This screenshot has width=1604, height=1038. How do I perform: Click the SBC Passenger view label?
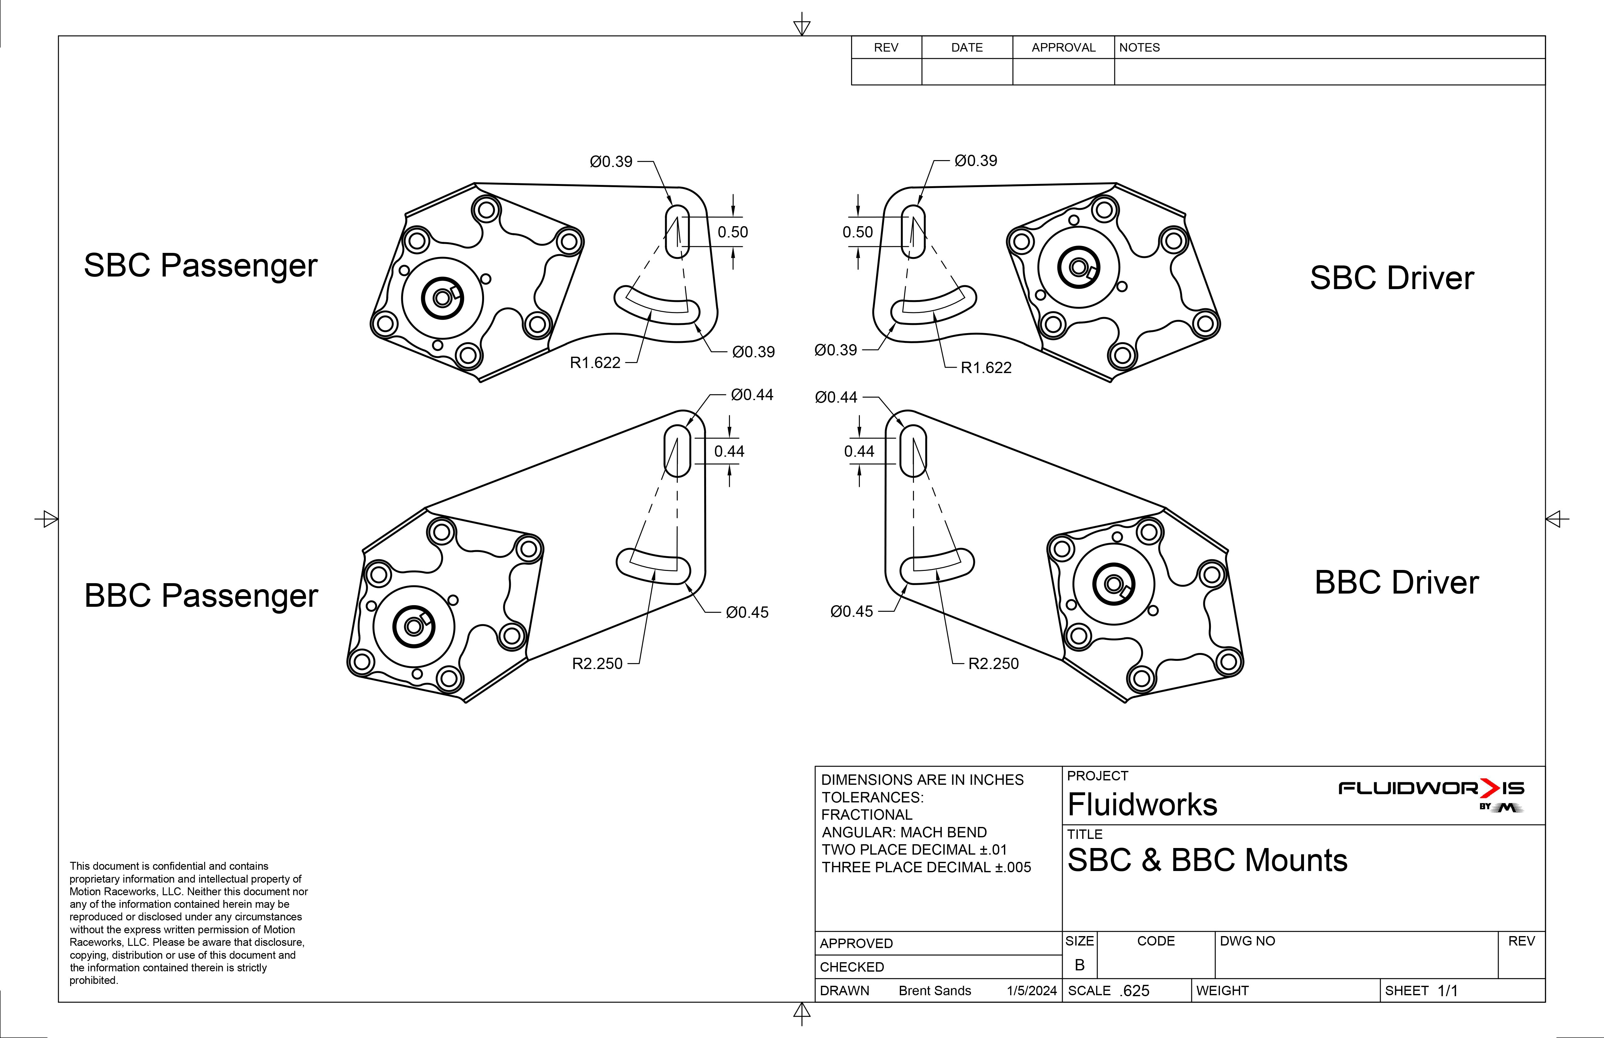200,265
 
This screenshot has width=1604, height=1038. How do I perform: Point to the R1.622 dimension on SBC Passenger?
595,363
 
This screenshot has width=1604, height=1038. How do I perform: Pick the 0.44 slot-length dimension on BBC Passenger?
729,452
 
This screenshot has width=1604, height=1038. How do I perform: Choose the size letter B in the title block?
1080,965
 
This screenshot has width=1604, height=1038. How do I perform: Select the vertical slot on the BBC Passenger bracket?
677,451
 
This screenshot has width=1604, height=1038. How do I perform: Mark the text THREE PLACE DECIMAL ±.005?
926,868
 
